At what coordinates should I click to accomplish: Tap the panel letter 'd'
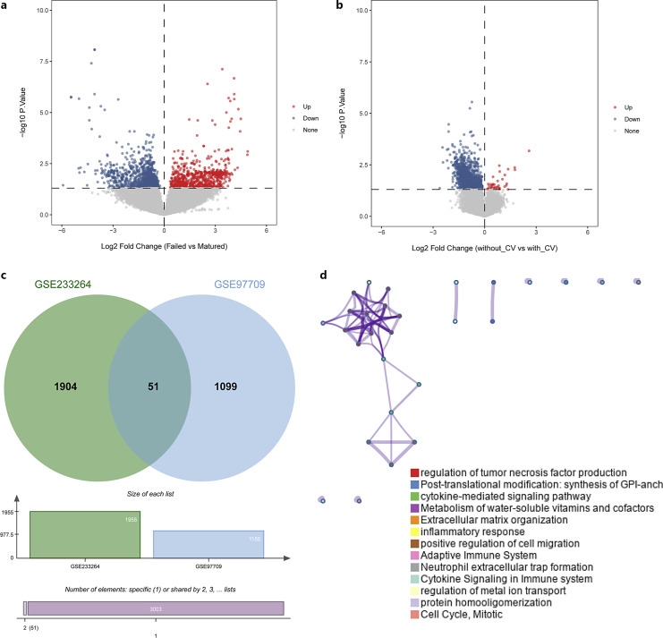(323, 271)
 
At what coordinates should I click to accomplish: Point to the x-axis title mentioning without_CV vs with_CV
(484, 246)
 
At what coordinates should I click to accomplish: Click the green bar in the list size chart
(85, 534)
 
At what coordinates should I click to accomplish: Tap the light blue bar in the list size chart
(208, 544)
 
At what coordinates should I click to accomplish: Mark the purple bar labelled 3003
(156, 608)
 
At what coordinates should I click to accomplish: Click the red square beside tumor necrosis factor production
(414, 472)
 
